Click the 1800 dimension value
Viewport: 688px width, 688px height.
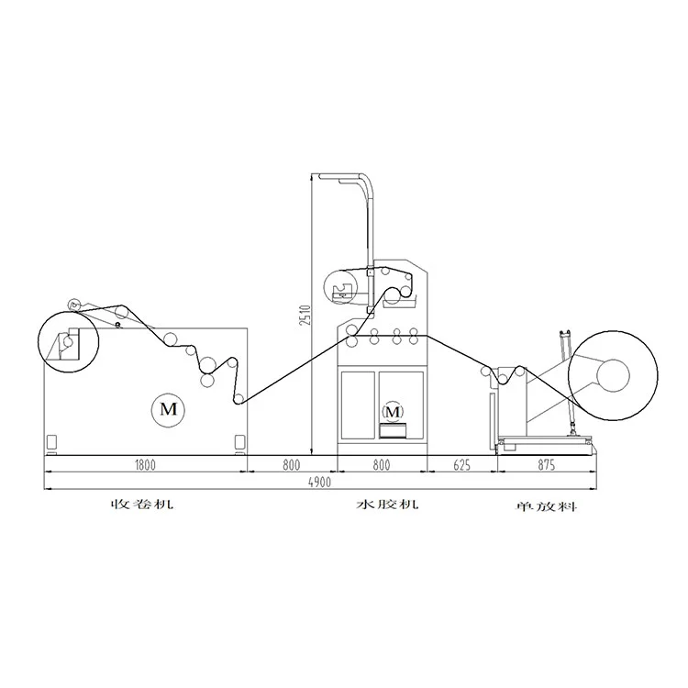[145, 465]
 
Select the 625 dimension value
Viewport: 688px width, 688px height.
[461, 465]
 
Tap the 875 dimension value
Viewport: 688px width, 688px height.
[547, 465]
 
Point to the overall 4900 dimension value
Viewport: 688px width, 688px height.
[319, 483]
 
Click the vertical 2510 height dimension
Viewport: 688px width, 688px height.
[305, 315]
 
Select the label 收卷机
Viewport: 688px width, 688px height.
[141, 504]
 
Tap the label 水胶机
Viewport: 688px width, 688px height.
[386, 505]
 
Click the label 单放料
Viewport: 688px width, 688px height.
[546, 506]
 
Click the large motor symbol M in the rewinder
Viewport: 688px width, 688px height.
[168, 409]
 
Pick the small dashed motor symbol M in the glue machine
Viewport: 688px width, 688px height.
[393, 412]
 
